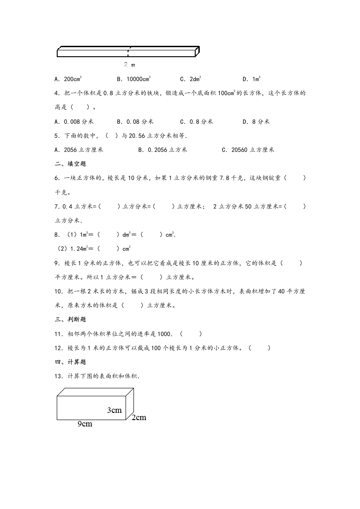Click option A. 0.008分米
click(x=74, y=122)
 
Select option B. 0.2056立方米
click(x=163, y=150)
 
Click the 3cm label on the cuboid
click(x=114, y=410)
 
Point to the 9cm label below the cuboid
click(x=85, y=424)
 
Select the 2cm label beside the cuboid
click(x=139, y=417)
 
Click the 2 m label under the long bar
click(x=129, y=65)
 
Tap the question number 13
click(x=58, y=376)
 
